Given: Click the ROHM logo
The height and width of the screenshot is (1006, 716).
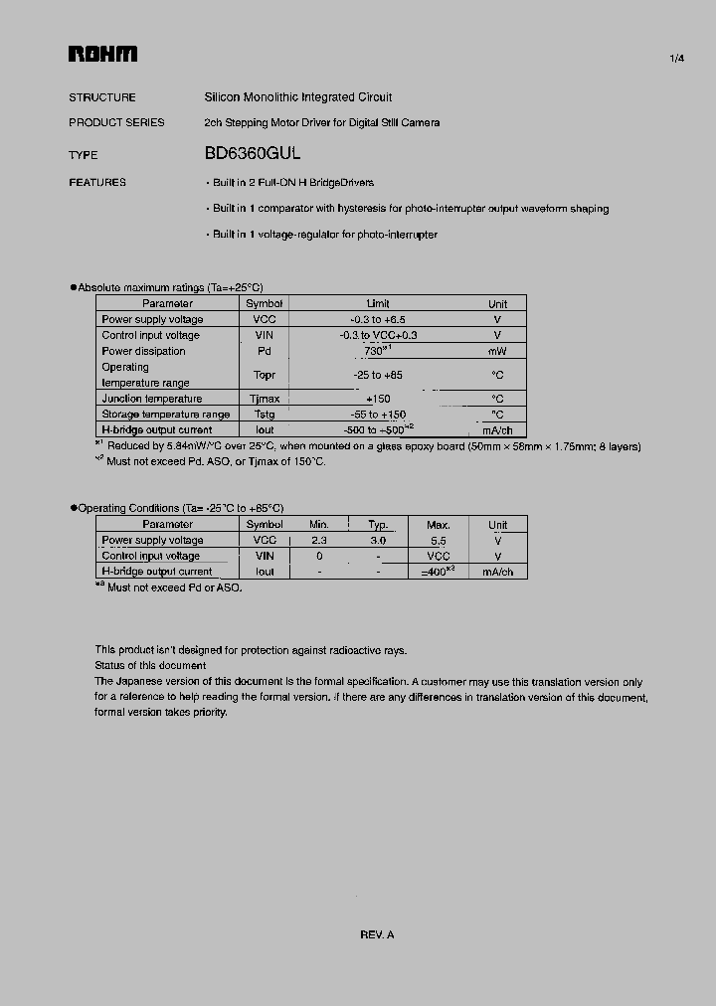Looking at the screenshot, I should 102,56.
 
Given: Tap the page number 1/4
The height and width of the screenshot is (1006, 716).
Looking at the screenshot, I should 676,60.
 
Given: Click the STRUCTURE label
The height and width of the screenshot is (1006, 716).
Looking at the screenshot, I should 102,97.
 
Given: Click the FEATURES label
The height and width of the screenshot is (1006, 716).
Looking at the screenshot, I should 97,183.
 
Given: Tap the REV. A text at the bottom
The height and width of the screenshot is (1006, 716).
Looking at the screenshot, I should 377,934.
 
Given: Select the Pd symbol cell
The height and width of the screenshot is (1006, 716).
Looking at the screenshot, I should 264,351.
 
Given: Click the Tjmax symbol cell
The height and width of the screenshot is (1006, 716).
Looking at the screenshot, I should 264,399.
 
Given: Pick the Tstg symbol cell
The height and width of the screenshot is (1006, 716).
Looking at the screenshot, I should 264,415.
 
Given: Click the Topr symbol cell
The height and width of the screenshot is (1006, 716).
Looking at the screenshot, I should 264,375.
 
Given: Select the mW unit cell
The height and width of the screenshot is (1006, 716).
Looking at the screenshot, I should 497,351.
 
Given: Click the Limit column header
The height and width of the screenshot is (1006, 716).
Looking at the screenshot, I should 378,303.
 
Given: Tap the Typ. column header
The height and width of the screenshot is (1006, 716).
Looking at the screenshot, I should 378,525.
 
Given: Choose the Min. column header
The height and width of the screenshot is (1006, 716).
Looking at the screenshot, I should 319,525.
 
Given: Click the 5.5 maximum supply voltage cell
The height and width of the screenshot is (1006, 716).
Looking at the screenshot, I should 438,541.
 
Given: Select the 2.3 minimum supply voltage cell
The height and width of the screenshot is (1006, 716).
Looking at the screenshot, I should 319,541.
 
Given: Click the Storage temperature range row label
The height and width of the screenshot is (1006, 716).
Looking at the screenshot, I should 165,415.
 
